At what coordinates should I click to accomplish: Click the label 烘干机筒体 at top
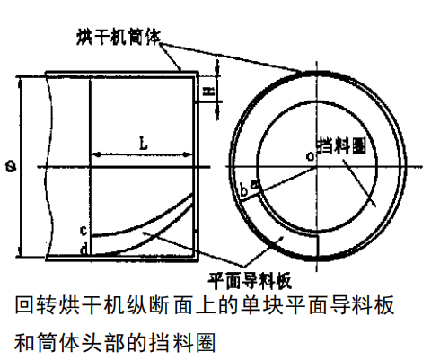(119, 37)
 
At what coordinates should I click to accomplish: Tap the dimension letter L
(144, 143)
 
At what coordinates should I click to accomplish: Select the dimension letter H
(209, 90)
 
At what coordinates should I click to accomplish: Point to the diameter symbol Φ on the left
(11, 166)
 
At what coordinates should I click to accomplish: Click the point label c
(84, 230)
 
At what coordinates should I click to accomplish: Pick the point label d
(84, 249)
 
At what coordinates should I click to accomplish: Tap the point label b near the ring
(244, 190)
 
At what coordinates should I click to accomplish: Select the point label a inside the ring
(254, 184)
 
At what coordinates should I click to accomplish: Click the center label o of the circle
(311, 156)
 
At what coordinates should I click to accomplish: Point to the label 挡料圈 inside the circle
(341, 145)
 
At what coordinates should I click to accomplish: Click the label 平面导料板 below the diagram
(250, 280)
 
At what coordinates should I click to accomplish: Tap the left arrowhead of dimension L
(96, 154)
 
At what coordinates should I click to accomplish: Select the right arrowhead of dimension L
(188, 154)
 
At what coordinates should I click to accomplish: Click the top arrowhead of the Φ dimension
(20, 83)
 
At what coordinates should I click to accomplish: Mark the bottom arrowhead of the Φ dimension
(20, 250)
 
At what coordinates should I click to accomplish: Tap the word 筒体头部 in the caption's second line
(81, 342)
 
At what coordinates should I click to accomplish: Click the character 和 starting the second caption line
(24, 342)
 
